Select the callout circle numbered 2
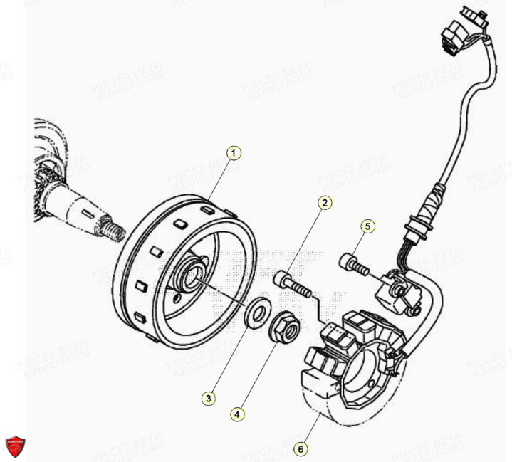point(324,204)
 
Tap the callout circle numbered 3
point(207,399)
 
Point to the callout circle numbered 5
point(367,227)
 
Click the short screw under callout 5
point(354,264)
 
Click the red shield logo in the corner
point(16,446)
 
